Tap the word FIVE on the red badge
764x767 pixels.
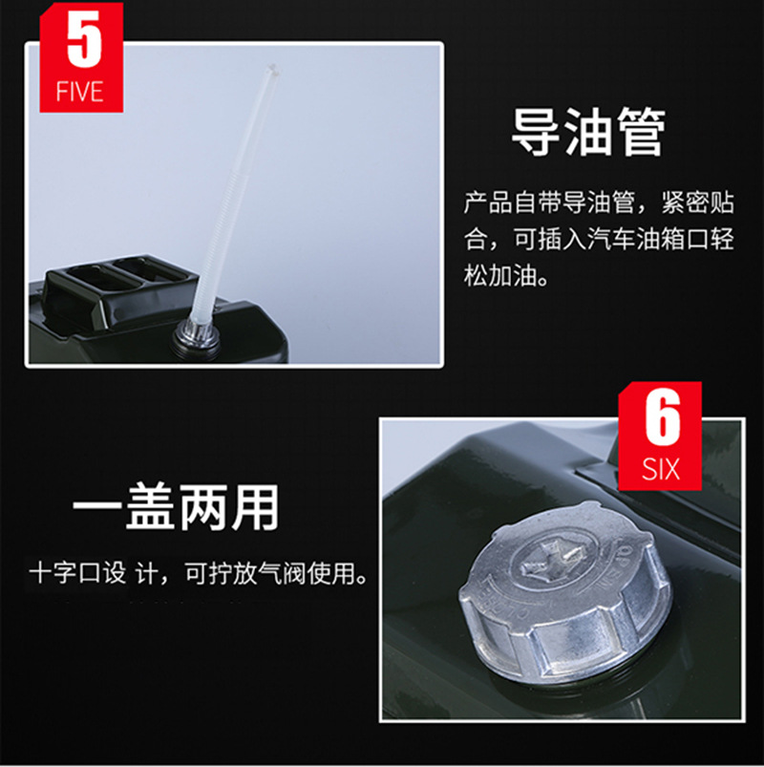79,92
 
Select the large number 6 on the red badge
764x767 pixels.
662,417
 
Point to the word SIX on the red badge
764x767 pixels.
661,469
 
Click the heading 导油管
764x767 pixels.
588,132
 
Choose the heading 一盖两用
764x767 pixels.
176,507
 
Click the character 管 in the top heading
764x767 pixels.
641,132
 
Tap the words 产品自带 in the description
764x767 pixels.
513,202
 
